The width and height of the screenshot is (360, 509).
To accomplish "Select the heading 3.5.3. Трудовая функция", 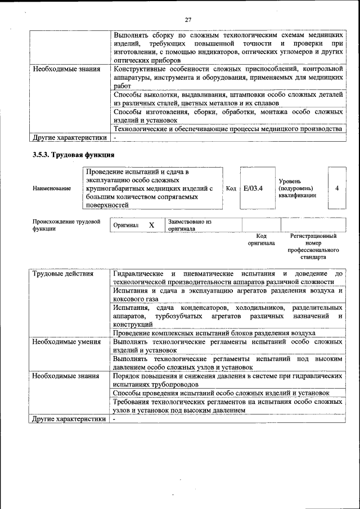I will click(74, 154).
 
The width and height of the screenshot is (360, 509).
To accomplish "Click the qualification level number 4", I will click(336, 188).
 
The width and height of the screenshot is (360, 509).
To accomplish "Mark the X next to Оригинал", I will click(151, 225).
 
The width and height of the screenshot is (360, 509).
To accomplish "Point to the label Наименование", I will click(52, 188).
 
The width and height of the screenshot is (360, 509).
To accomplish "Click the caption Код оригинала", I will click(261, 240).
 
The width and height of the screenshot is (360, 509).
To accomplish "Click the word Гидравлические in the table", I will click(138, 274).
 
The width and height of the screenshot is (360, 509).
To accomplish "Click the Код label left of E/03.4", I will click(231, 188).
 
